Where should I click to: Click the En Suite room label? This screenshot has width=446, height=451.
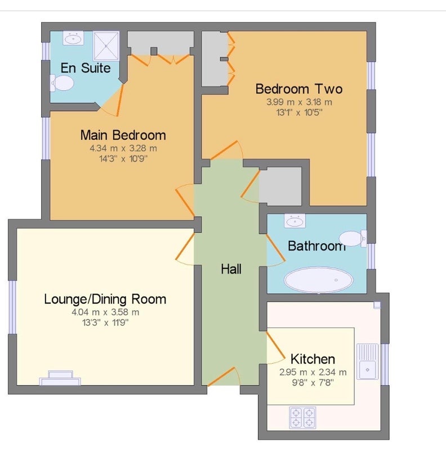86,68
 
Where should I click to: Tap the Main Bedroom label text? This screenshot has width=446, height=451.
123,135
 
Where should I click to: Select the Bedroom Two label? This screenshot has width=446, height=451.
299,89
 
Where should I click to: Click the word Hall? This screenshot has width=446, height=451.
231,269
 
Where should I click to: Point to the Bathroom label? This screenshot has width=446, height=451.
316,246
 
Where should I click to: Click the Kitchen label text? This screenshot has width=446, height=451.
313,359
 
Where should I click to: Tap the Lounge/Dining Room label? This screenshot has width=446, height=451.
105,299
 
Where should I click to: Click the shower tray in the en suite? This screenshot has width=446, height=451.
106,46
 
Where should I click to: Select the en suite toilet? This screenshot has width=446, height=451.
62,83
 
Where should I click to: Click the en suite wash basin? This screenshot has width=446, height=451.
73,38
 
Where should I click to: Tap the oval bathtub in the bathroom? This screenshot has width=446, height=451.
319,280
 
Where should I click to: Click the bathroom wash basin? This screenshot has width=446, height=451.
295,221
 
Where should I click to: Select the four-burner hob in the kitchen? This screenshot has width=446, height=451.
302,418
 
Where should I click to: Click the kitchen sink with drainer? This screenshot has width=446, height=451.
368,361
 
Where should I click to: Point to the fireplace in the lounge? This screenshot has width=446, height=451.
60,378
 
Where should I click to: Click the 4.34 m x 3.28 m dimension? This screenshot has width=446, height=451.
123,148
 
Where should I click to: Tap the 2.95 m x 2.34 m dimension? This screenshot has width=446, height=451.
313,372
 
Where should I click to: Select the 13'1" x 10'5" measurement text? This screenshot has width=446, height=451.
299,112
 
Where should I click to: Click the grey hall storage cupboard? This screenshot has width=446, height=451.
280,186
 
